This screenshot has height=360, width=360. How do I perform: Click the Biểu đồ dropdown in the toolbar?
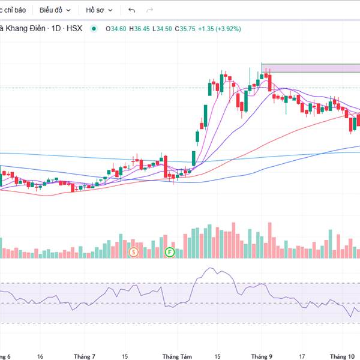click(x=55, y=10)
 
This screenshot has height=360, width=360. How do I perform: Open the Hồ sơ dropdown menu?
click(x=98, y=10)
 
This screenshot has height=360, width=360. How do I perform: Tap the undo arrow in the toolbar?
click(x=132, y=10)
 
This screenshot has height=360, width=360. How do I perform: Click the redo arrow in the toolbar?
click(x=149, y=10)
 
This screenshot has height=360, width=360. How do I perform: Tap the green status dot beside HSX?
click(x=94, y=28)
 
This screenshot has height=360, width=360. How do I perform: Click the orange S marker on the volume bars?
click(x=133, y=253)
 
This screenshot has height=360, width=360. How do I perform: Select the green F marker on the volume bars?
click(x=170, y=253)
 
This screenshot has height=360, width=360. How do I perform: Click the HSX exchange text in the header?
click(x=75, y=28)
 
